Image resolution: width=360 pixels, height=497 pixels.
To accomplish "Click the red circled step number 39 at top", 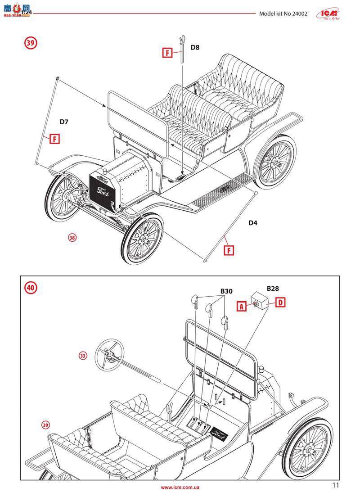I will click(30, 43).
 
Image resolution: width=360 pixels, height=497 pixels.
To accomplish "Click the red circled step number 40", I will click(31, 287).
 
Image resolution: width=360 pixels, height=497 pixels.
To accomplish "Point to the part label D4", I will click(255, 222).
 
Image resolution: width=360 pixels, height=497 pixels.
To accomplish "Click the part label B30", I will click(226, 291).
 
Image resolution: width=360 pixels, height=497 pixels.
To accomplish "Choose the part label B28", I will click(273, 288).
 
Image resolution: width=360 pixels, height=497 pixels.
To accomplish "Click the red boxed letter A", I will click(242, 306).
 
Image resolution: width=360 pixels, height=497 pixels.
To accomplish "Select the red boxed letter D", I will click(280, 303).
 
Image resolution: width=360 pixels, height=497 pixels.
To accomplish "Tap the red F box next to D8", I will click(167, 53).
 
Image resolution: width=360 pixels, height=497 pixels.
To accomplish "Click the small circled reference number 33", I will click(82, 356).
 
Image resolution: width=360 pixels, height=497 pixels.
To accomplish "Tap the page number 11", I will click(335, 485).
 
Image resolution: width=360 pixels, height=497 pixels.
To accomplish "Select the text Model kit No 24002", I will click(283, 14).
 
